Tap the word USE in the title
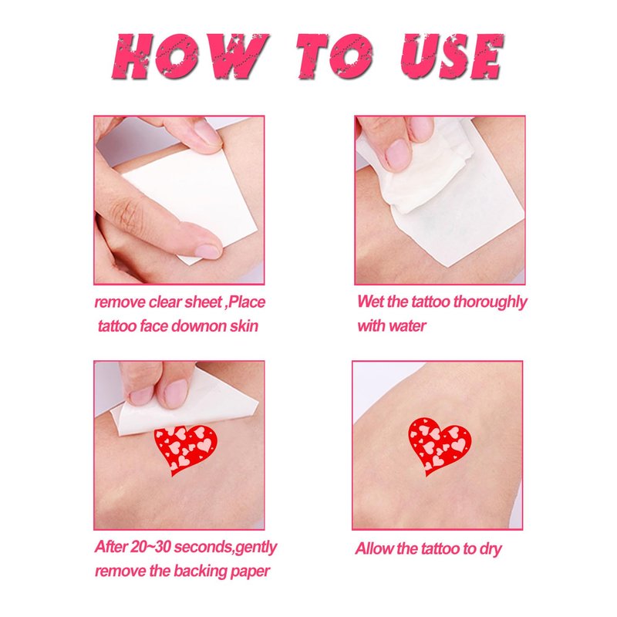click(x=452, y=56)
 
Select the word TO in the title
click(x=334, y=56)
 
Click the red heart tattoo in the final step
click(x=440, y=445)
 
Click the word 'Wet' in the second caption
click(x=371, y=302)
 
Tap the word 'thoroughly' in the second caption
click(x=490, y=303)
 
